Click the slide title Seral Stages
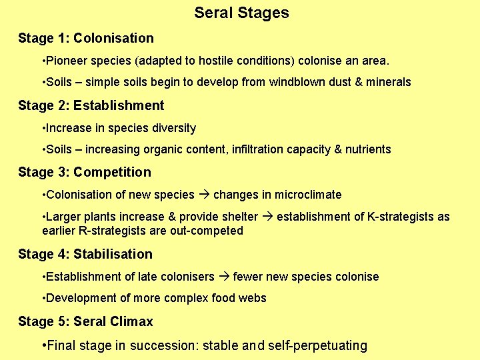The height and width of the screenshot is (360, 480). (241, 13)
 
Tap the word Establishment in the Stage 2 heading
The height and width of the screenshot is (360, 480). (119, 105)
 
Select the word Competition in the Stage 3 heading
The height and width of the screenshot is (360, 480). (112, 172)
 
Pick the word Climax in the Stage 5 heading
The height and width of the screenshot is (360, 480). (131, 321)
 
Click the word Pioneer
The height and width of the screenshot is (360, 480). (64, 61)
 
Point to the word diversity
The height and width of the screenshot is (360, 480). (175, 128)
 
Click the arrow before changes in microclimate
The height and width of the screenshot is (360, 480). (204, 195)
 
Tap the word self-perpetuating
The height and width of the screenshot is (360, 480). (317, 345)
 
